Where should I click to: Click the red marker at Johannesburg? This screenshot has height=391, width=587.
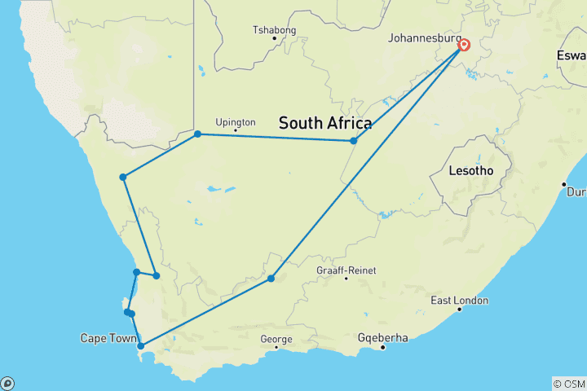tap(463, 45)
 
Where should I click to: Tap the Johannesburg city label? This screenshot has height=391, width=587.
tap(423, 37)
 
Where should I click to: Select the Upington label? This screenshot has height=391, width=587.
tap(236, 122)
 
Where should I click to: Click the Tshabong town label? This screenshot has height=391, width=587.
tap(274, 30)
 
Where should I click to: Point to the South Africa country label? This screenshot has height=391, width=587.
tap(325, 124)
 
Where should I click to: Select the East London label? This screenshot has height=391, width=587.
tap(460, 301)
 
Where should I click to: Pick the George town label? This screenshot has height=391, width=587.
tap(276, 338)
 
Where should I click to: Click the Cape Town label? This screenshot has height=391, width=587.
tap(105, 337)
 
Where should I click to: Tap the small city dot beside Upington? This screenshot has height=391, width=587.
tap(236, 131)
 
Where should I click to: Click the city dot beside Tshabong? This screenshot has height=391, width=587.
tap(274, 38)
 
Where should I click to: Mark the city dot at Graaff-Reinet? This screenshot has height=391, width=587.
tap(346, 279)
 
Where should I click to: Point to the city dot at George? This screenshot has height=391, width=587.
tap(276, 348)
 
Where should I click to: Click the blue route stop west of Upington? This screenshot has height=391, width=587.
tap(198, 134)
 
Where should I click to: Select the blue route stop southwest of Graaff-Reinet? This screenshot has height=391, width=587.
tap(271, 279)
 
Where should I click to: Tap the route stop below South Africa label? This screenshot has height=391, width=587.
tap(354, 141)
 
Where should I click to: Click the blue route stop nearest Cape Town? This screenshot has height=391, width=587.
tap(141, 346)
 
